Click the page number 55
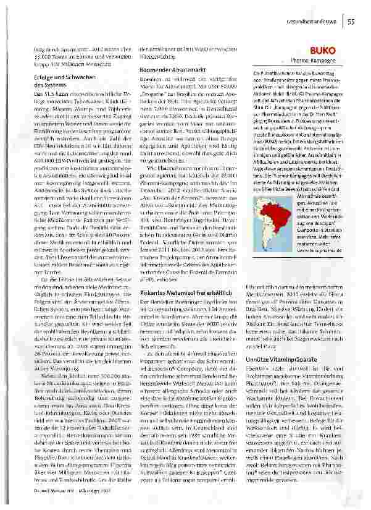[350, 22]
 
